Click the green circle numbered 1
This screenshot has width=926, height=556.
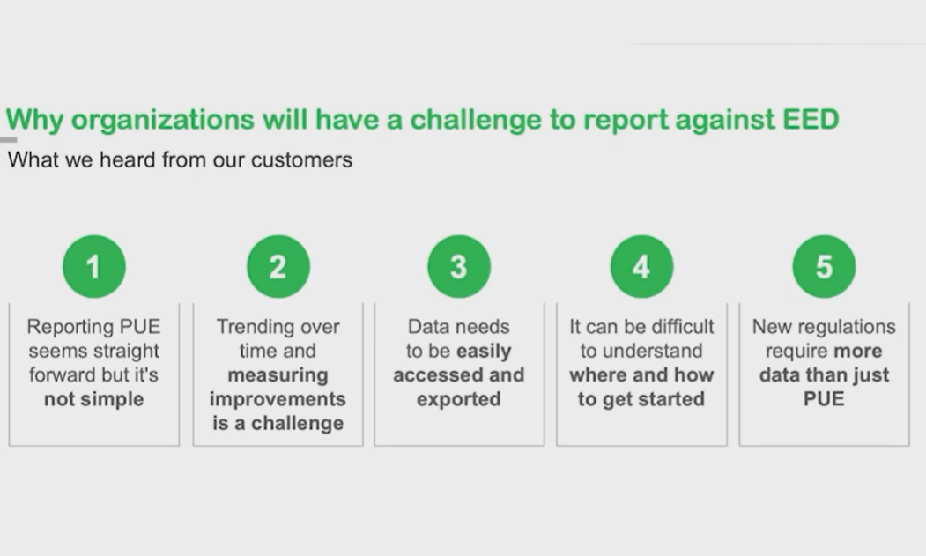coord(94,266)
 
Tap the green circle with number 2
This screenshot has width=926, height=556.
coord(278,266)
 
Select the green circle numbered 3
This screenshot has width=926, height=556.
coord(459,266)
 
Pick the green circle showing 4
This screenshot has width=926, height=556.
coord(642,266)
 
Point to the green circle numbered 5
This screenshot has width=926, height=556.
coord(824,266)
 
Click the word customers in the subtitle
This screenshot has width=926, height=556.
coord(302,160)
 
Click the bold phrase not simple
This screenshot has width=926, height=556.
coord(94,399)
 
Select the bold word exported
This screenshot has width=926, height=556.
coord(459,400)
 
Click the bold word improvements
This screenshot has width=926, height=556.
coord(278,400)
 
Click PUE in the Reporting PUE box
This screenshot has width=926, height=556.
coord(140,327)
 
